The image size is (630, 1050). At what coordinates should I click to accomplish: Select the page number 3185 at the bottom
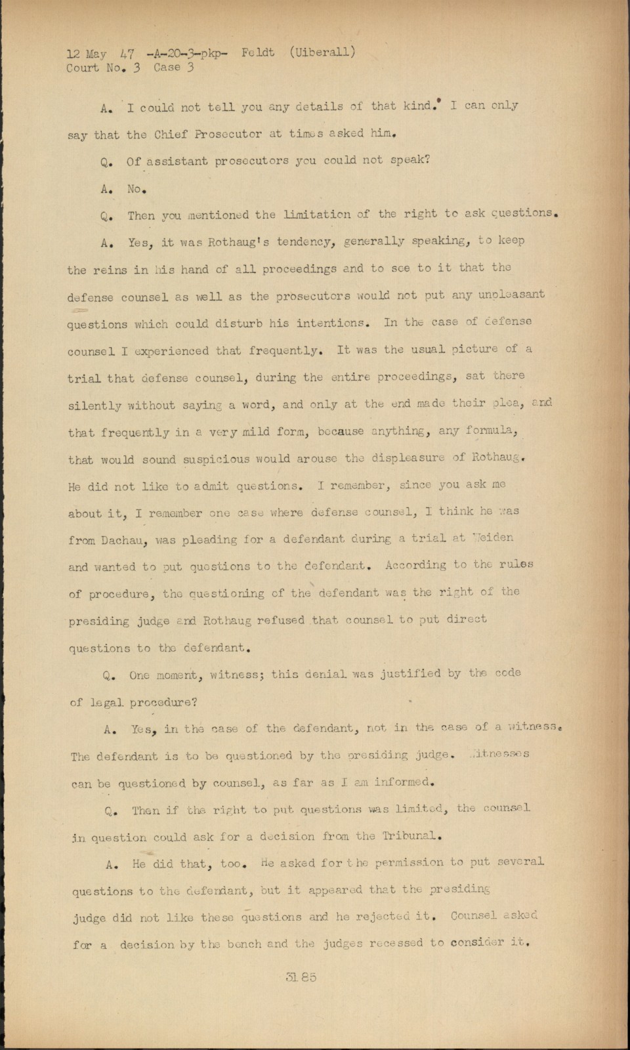[x=301, y=976]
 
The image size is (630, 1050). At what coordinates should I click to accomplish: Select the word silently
[x=95, y=406]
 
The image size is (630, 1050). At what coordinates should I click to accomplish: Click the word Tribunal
[x=406, y=836]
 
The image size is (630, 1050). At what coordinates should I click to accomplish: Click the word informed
[x=406, y=782]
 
